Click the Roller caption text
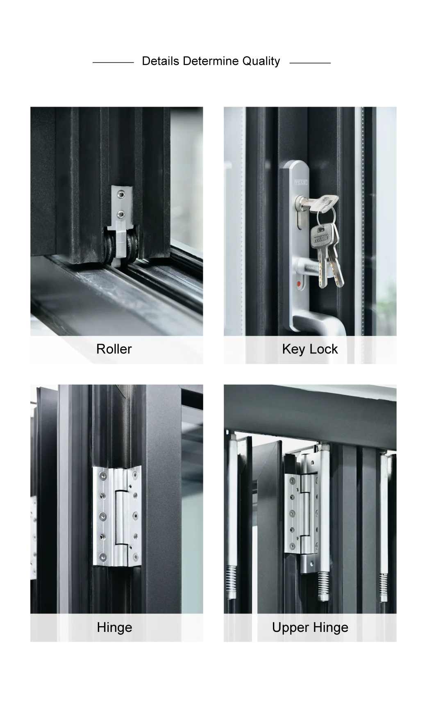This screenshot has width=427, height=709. pos(114,349)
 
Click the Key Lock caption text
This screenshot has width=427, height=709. pos(310,349)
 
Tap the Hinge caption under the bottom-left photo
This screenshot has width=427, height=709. pos(114,627)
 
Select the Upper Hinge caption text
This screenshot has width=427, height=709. pos(310,627)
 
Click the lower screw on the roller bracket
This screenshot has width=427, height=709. pos(121,213)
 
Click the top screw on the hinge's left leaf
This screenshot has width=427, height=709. pos(102,476)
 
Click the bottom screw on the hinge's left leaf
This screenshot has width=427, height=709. pos(102,557)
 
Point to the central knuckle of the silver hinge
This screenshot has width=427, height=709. pos(121,517)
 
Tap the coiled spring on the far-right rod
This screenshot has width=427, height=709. pos(384,586)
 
